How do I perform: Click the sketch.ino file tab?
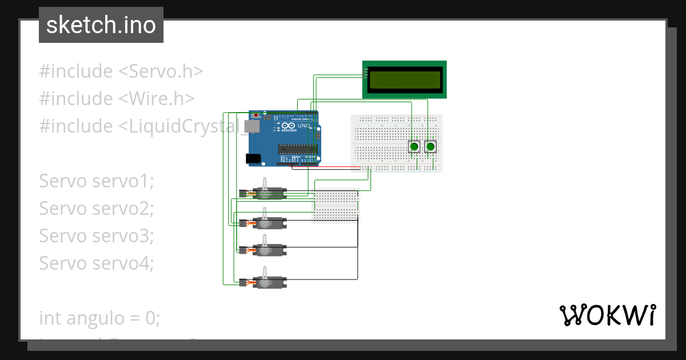pos(101,25)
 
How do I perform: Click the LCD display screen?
pos(405,79)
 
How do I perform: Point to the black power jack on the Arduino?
pos(253,158)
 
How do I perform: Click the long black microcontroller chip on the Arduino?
pos(297,149)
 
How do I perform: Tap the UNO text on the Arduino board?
pos(304,126)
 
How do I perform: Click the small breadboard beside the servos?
pos(336,205)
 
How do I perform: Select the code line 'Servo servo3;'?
pos(97,235)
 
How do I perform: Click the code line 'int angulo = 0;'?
pos(99,318)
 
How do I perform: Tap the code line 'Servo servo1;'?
pos(97,181)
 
